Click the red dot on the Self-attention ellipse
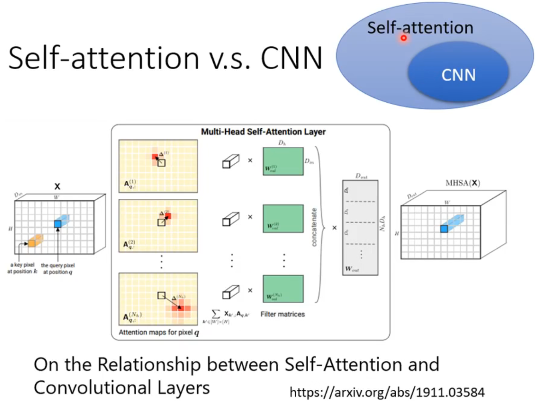404,38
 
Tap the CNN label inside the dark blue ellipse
458,75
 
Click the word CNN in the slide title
291,58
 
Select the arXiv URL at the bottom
387,392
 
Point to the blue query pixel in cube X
58,224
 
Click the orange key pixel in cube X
32,243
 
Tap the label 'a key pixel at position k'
22,268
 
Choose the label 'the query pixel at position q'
58,268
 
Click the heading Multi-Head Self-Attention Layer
263,132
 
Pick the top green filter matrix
283,161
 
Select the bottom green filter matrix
283,288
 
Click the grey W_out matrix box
360,227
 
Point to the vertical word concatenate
314,227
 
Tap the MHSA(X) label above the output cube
463,183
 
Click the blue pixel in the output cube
444,229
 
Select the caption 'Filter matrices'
283,314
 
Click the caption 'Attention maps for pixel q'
159,332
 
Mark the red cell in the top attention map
155,157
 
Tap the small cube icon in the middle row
231,219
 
